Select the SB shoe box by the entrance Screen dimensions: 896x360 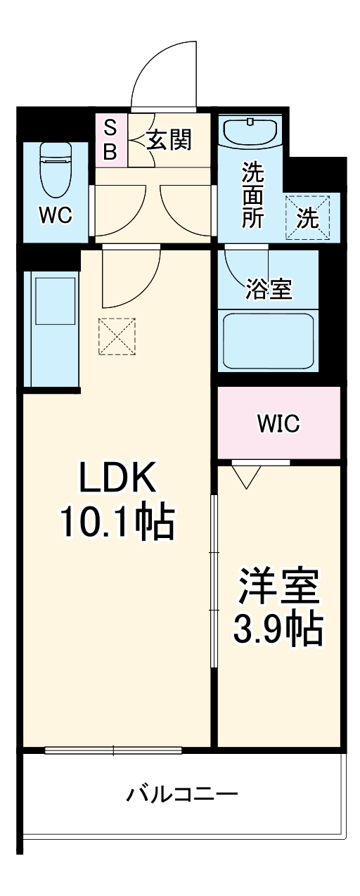coord(111,139)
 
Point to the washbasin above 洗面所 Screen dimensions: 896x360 coord(251,132)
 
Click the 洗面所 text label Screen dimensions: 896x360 coord(252,195)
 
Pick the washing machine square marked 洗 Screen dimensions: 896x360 coord(307,217)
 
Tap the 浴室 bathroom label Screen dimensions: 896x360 coord(269,288)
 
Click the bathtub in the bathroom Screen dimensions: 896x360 coord(268,340)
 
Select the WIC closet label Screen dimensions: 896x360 coord(278,423)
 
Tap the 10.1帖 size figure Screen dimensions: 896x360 coord(117,522)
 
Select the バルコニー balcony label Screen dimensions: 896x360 coord(182,796)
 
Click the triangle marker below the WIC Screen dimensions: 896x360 coord(245,478)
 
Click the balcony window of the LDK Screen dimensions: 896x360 coord(114,750)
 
